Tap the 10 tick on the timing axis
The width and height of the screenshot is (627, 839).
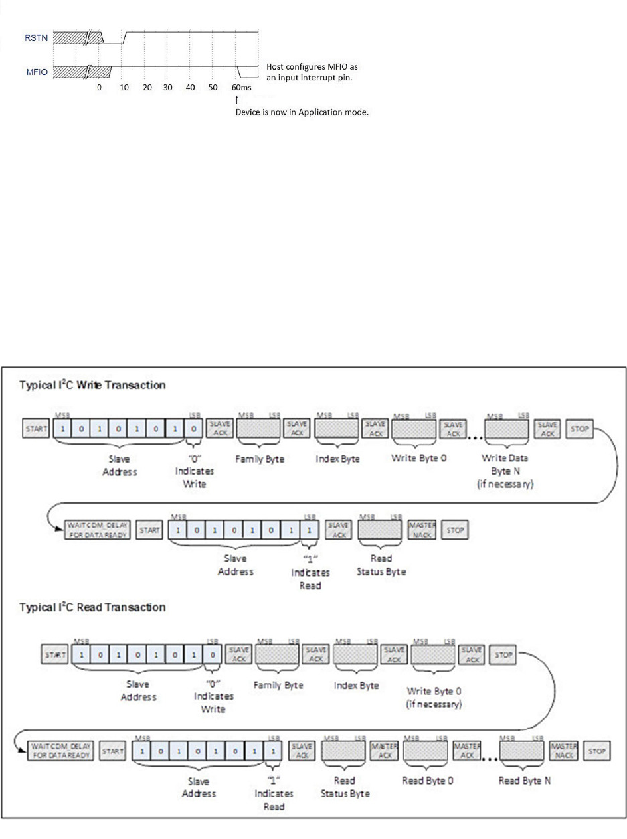(x=124, y=88)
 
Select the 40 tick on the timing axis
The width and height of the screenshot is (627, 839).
(x=190, y=88)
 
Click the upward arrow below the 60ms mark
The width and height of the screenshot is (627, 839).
(x=237, y=99)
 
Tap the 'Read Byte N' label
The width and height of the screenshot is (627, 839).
(x=525, y=780)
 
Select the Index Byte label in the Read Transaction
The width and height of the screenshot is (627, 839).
(x=356, y=685)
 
